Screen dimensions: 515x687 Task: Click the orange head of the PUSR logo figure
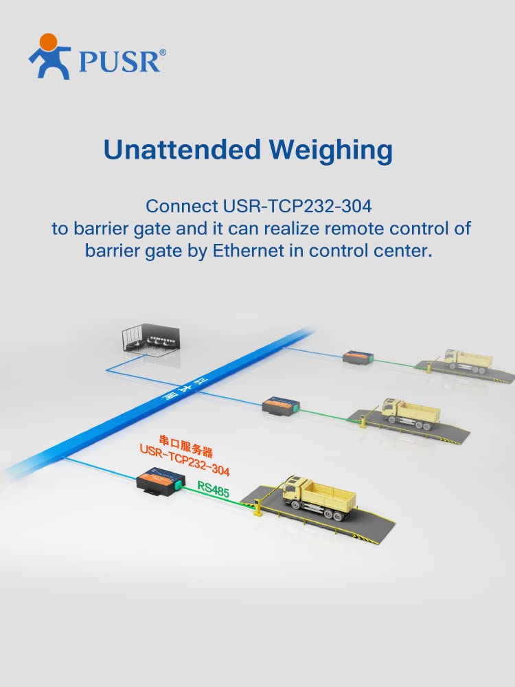(49, 42)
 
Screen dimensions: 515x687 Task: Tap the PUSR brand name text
(119, 61)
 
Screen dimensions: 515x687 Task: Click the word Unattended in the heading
(182, 149)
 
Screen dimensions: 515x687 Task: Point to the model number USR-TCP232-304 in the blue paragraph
(297, 206)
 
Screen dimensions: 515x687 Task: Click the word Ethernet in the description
(248, 251)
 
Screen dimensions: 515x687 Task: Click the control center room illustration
(151, 339)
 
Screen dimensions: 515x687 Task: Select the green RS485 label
(214, 489)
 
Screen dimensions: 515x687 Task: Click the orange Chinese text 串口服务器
(185, 446)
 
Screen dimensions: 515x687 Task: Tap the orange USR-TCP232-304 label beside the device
(184, 460)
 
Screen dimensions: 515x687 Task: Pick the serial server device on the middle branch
(282, 406)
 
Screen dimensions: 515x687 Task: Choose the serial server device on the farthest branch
(358, 357)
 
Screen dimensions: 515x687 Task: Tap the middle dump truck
(411, 413)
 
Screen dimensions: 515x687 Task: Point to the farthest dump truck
(468, 361)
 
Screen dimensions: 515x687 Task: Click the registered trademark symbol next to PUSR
(163, 53)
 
